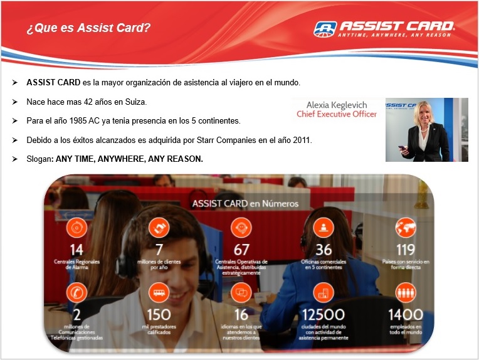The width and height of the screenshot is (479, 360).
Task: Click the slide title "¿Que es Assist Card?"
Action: coord(88,28)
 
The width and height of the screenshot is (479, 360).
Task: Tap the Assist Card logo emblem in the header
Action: coord(325,29)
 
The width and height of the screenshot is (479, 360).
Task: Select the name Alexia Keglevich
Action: coord(337,105)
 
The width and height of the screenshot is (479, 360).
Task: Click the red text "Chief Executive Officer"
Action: coord(337,114)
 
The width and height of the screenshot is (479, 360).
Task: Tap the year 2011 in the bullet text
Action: coord(302,140)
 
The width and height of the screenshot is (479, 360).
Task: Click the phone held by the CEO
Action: coord(403,149)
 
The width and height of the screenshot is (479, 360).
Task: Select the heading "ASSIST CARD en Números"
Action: coord(245,204)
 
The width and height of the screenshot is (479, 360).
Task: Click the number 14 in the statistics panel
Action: coord(76,250)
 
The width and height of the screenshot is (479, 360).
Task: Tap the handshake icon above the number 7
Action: coord(159,228)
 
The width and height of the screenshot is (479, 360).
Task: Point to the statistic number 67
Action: coord(241,250)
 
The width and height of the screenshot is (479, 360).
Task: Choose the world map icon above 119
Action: coord(406,228)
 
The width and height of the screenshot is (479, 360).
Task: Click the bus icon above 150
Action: coord(159,292)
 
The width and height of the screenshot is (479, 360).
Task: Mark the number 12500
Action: coord(324,315)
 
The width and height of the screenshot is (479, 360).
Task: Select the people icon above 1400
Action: coord(406,292)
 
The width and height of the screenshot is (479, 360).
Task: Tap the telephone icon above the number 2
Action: coord(76,292)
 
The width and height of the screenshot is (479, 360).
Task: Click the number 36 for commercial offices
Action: coord(324,250)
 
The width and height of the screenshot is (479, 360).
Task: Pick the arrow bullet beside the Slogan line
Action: coord(14,159)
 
